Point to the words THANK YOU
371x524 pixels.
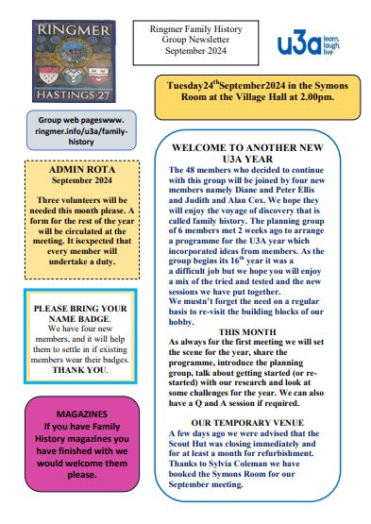[79, 370]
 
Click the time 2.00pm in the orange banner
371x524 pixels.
[313, 97]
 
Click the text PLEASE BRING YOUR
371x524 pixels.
[79, 309]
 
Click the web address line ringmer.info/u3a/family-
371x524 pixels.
[81, 132]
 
